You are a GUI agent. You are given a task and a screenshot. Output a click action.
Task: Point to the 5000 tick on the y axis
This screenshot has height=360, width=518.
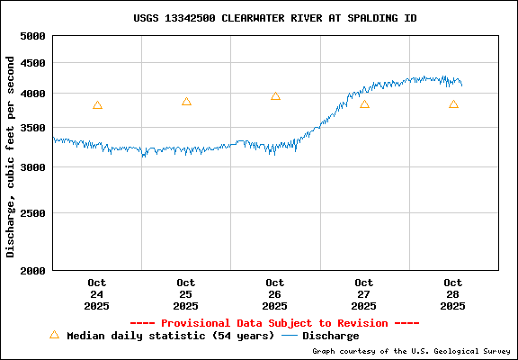pyautogui.click(x=32, y=36)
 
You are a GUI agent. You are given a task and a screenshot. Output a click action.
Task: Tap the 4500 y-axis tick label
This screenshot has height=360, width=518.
pyautogui.click(x=32, y=63)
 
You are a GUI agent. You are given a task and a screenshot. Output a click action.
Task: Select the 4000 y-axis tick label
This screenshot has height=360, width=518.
pyautogui.click(x=32, y=94)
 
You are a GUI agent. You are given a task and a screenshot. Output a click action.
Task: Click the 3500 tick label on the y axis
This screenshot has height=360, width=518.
pyautogui.click(x=32, y=129)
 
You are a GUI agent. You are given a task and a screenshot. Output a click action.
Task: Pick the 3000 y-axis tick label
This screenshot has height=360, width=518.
pyautogui.click(x=32, y=167)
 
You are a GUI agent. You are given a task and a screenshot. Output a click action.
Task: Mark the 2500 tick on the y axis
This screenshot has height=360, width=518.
pyautogui.click(x=32, y=213)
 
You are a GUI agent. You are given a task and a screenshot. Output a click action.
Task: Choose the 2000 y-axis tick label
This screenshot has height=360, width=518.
pyautogui.click(x=32, y=270)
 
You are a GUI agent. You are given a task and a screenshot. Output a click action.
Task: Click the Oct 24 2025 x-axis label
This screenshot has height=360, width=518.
pyautogui.click(x=97, y=294)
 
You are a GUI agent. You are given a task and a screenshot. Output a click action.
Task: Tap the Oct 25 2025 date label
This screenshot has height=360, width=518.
pyautogui.click(x=186, y=294)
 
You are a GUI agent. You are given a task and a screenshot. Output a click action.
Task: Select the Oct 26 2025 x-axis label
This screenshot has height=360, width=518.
pyautogui.click(x=275, y=294)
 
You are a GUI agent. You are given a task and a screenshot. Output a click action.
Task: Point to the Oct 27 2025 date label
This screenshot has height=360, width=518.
pyautogui.click(x=364, y=294)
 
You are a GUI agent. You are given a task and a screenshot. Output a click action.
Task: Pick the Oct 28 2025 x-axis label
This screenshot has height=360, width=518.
pyautogui.click(x=453, y=294)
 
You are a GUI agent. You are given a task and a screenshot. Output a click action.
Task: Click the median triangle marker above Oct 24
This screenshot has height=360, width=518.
pyautogui.click(x=97, y=105)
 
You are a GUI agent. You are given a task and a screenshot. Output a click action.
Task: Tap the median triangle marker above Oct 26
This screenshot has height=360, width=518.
pyautogui.click(x=275, y=96)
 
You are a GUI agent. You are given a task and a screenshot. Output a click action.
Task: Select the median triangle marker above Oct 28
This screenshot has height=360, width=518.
pyautogui.click(x=453, y=104)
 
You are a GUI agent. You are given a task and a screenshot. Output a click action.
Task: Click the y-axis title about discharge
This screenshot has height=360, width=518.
pyautogui.click(x=11, y=156)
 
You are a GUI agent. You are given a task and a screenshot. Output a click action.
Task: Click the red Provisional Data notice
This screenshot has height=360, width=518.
pyautogui.click(x=274, y=322)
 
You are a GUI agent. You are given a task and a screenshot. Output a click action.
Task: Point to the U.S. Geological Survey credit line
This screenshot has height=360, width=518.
pyautogui.click(x=411, y=351)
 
